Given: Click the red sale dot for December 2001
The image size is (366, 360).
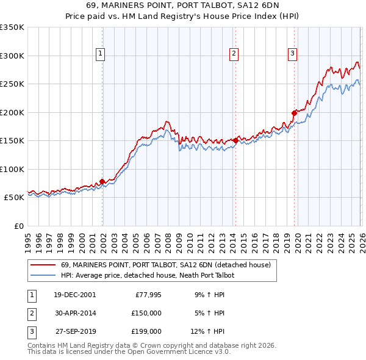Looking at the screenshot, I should click(x=102, y=181).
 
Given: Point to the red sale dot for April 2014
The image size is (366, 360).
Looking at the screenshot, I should click(x=235, y=140).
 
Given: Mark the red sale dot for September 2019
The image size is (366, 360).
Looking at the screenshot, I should click(x=294, y=112).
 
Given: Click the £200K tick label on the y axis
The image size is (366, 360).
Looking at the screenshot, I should click(x=12, y=112).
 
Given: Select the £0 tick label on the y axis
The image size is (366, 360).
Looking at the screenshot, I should click(x=18, y=226).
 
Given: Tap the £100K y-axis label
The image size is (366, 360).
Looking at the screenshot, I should click(x=12, y=169).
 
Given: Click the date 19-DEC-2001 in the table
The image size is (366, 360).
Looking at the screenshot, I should click(x=74, y=295).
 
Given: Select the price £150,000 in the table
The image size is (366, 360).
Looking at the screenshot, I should click(x=146, y=312).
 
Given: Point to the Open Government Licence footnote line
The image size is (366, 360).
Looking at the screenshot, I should click(x=129, y=352).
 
